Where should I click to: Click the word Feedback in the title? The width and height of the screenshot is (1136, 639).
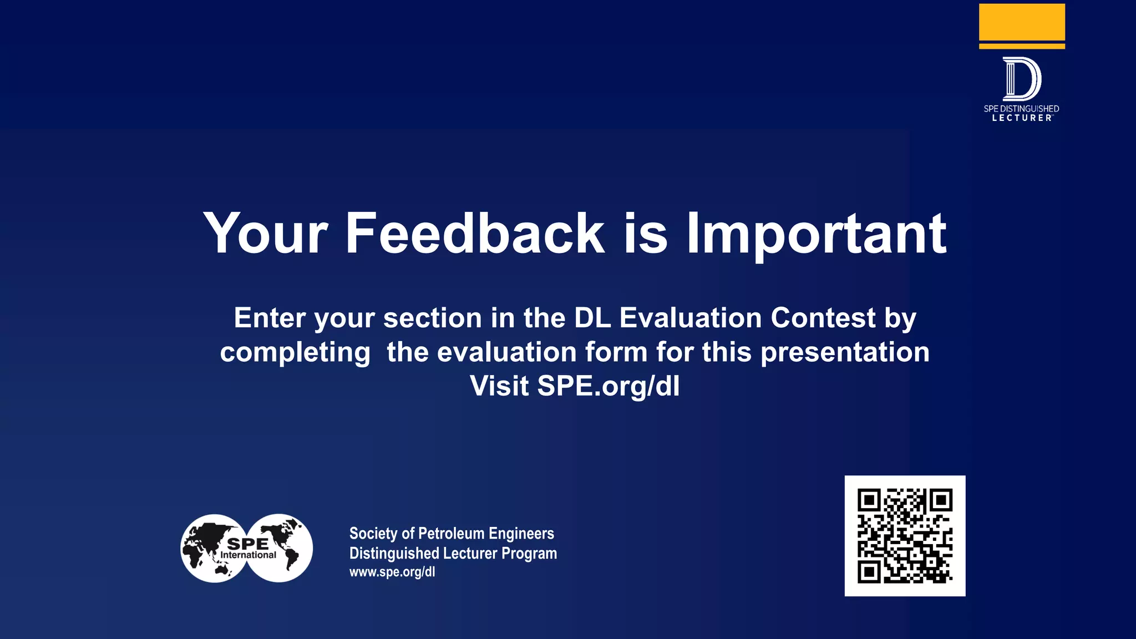[474, 234]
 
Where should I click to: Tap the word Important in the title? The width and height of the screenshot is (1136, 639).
[816, 234]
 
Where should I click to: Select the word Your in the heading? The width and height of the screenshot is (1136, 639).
[266, 234]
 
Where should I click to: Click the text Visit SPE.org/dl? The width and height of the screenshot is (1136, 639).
[575, 386]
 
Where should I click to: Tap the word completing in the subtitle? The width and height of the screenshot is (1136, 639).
[295, 352]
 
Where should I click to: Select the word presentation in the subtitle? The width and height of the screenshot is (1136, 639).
[845, 352]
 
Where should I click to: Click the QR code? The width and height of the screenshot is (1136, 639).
[905, 536]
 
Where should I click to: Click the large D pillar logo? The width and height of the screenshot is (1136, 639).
[1021, 78]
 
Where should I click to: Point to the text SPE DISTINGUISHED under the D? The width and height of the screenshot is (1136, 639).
[1021, 109]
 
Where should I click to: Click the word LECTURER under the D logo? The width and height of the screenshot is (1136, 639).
[1021, 118]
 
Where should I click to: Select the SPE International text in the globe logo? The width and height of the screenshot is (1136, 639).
[248, 549]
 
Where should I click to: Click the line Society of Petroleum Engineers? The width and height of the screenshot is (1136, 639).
[452, 534]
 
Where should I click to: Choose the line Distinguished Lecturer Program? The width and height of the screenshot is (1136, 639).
[453, 554]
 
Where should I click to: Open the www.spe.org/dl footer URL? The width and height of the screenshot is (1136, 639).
[392, 572]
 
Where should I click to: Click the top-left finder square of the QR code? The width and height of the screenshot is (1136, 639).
[869, 501]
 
